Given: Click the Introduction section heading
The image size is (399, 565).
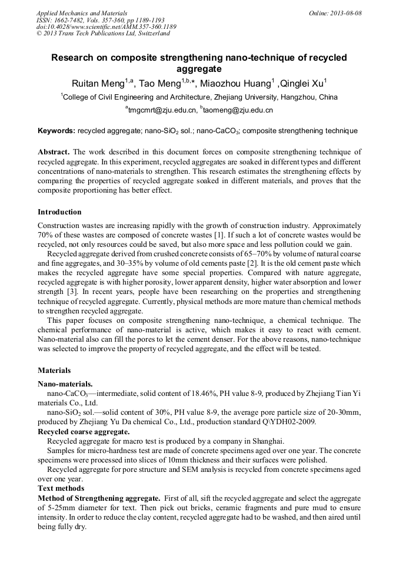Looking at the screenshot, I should click(59, 212).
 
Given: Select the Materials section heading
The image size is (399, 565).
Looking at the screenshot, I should click(54, 371).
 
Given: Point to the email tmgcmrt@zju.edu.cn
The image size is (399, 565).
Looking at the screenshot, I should click(163, 110).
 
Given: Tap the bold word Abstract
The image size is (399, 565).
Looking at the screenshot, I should click(54, 152).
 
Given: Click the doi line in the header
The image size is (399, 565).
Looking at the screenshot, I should click(106, 27).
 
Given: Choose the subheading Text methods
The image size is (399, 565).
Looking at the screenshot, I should click(61, 488).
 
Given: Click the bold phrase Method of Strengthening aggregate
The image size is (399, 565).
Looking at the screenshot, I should click(99, 498).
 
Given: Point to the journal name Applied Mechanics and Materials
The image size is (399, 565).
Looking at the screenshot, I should click(81, 13).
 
